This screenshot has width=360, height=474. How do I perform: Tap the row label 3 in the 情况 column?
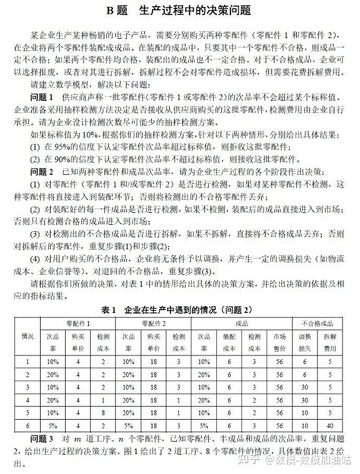27,385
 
